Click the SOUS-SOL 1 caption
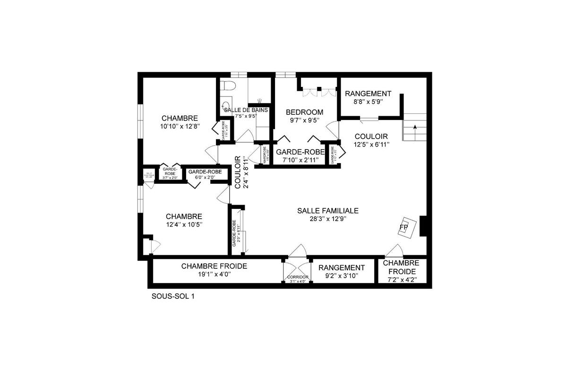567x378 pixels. (173, 297)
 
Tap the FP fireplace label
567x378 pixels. (403, 228)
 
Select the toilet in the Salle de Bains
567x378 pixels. (229, 87)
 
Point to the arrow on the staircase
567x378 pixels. (414, 128)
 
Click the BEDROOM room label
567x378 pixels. (305, 112)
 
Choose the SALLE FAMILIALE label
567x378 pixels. (328, 211)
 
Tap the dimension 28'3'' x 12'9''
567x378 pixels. (328, 219)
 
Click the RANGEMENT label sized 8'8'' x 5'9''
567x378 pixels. (368, 94)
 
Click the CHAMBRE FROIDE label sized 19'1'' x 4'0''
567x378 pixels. (214, 266)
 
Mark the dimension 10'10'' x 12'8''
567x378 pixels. (180, 126)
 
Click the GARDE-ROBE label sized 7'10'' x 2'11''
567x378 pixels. (301, 152)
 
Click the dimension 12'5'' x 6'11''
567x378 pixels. (371, 145)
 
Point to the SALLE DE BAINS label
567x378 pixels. (246, 110)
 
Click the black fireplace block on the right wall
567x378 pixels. (423, 226)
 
